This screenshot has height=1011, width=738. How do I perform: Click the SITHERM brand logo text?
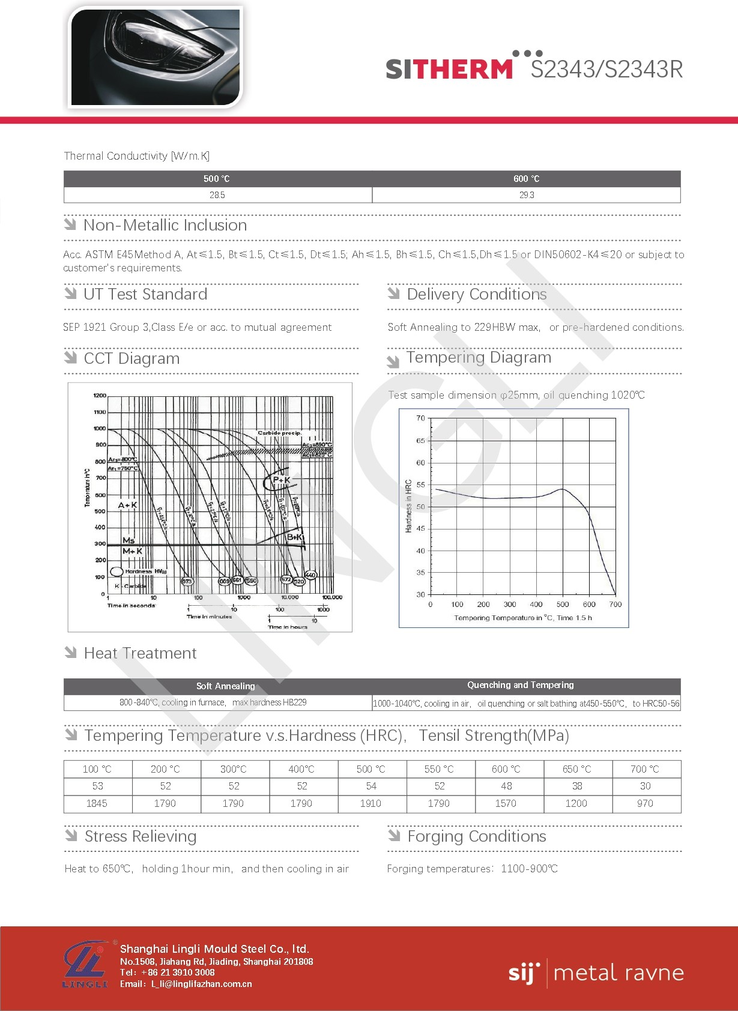coord(449,69)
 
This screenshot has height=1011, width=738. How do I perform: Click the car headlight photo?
coord(155,57)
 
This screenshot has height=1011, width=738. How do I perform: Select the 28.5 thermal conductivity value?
coord(217,195)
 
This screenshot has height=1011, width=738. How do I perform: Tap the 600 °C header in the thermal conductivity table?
coord(526,179)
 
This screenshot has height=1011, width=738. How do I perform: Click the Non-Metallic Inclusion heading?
coord(165,225)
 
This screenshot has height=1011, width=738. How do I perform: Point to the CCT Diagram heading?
coord(132,358)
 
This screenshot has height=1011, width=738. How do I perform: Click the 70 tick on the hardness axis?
coord(420,418)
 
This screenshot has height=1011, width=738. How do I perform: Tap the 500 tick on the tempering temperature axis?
coord(563,605)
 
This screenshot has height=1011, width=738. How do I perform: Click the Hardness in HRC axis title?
coord(408,506)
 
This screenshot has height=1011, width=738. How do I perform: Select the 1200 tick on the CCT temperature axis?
coord(100,396)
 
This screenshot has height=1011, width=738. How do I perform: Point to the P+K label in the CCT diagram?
coord(281,480)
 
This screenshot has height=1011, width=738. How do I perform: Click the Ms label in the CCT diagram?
coord(129,540)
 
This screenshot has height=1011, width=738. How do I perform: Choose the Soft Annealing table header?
coord(225,686)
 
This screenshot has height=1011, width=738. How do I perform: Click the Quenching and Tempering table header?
coord(521,685)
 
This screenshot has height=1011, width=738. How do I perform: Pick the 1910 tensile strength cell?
coord(371,803)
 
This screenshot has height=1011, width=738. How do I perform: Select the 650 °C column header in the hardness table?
coord(576,769)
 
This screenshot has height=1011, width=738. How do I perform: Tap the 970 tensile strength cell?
coord(645,803)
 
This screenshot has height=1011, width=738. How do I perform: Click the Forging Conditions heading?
coord(477,836)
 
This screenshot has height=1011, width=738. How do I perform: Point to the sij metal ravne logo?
coord(596,973)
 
